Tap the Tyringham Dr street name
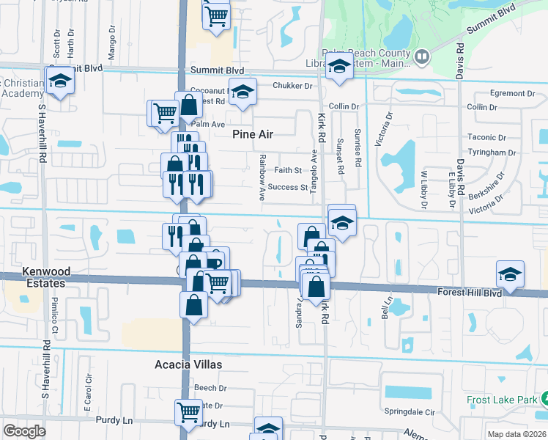coord(491,153)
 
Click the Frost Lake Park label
coord(500,400)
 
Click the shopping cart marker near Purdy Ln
coord(189,411)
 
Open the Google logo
coord(24,431)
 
